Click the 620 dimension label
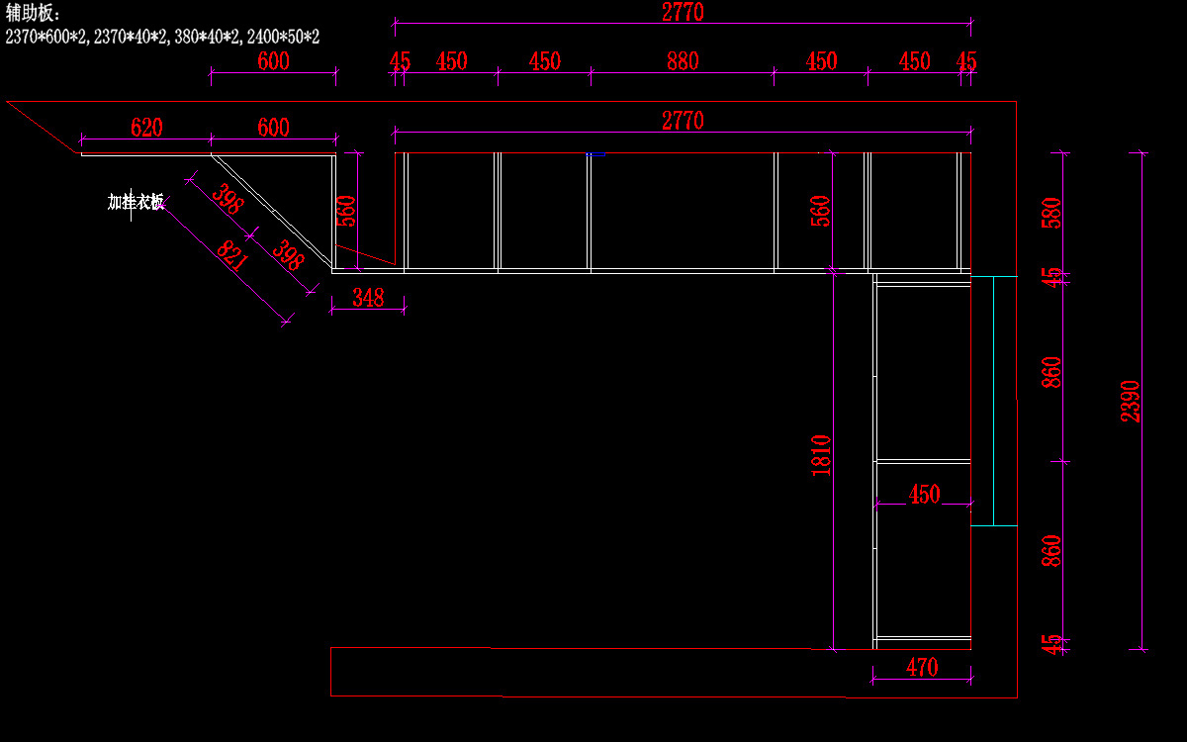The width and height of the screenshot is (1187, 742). (x=146, y=128)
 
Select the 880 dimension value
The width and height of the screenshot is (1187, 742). (x=683, y=61)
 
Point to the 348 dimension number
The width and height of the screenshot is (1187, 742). (x=368, y=297)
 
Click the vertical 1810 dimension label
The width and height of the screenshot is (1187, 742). (x=821, y=456)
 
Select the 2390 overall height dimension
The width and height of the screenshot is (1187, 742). (x=1131, y=401)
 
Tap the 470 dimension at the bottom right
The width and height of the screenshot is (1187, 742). (x=922, y=668)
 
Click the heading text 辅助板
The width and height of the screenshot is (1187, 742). (x=34, y=13)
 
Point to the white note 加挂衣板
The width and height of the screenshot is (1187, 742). (x=136, y=202)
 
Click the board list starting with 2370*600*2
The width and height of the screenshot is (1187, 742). (x=162, y=37)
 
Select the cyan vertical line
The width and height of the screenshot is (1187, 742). (x=993, y=401)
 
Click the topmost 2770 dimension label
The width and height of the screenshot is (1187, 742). (x=683, y=13)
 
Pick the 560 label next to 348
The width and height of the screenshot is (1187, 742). (x=346, y=211)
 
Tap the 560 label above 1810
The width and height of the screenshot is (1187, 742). (x=821, y=211)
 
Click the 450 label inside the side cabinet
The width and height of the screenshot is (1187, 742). (x=924, y=495)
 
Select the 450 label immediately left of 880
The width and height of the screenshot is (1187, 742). (x=544, y=61)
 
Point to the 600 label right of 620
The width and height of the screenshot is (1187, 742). (x=273, y=128)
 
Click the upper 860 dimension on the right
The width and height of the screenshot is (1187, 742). (x=1051, y=372)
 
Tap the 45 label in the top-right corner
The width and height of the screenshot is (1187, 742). (x=966, y=61)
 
